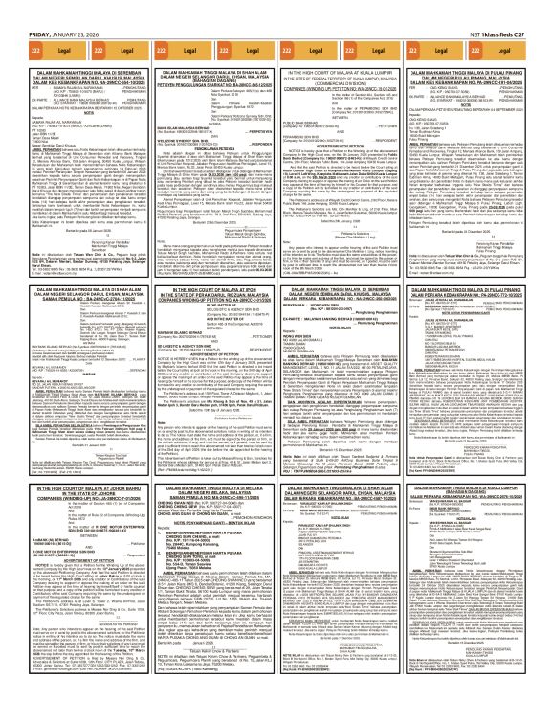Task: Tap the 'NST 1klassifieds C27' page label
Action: coord(516,9)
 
